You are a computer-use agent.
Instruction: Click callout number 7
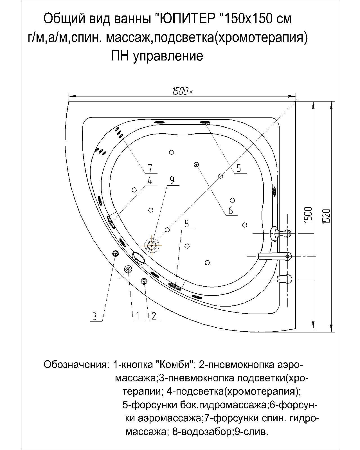pos(150,168)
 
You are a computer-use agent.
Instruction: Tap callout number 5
pos(239,168)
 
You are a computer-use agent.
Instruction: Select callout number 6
pos(231,210)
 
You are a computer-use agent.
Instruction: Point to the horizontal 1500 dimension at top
pos(180,91)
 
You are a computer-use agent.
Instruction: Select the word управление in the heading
pos(168,56)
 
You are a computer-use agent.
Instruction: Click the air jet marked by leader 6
pos(196,165)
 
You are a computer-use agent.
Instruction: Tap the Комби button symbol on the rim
pos(128,269)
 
